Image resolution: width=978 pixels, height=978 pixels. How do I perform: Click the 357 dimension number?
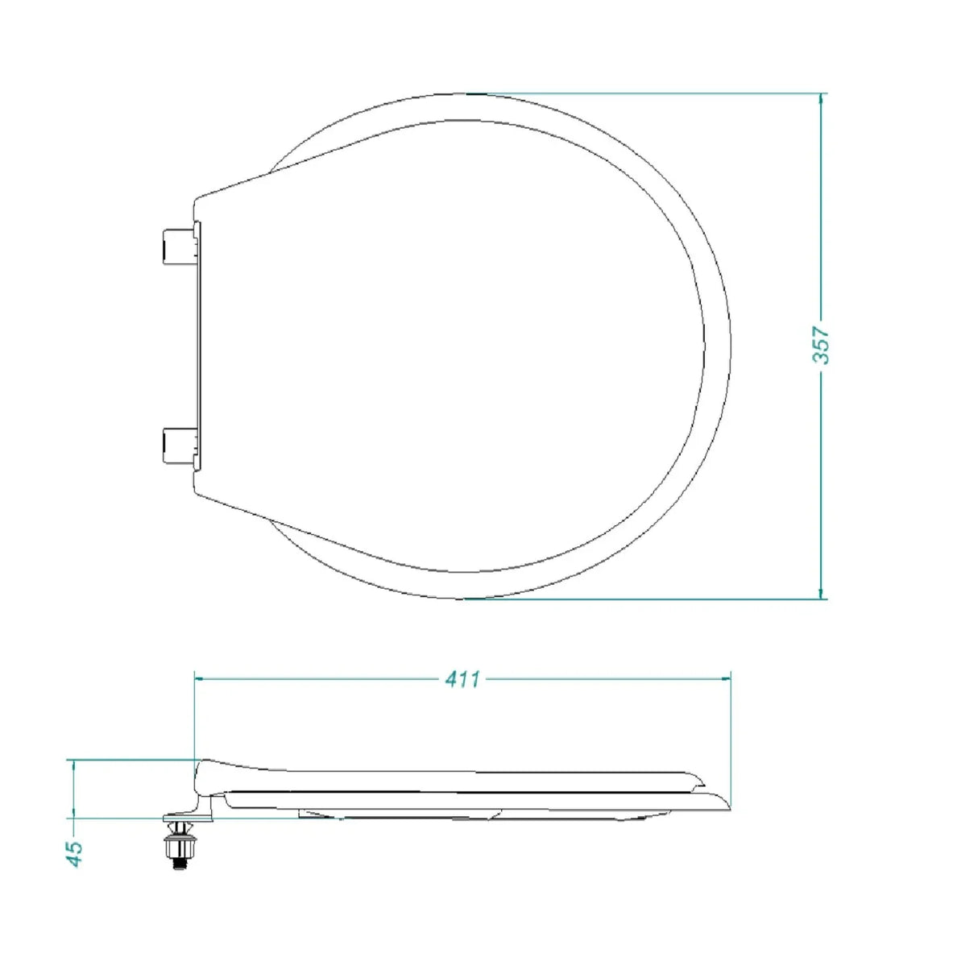(821, 346)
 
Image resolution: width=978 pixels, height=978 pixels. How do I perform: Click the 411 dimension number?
(463, 679)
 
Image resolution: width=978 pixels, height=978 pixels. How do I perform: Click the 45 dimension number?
(74, 852)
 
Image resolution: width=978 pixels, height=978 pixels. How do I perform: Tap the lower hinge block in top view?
(176, 445)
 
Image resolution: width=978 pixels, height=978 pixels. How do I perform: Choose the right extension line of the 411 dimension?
(730, 725)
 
